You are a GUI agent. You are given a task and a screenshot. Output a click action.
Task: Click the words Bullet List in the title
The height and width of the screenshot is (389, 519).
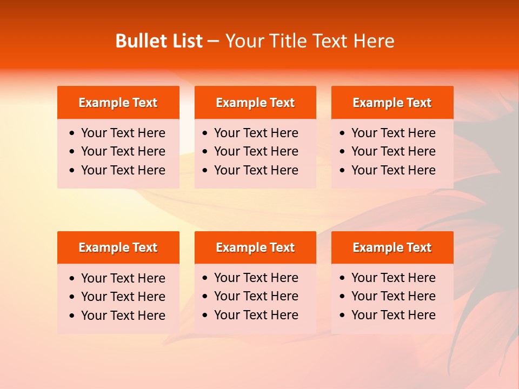(x=158, y=41)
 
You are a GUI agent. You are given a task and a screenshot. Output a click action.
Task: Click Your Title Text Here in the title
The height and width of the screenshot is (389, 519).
(x=310, y=41)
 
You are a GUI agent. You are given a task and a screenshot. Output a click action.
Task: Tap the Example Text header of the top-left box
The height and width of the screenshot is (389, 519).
(x=118, y=103)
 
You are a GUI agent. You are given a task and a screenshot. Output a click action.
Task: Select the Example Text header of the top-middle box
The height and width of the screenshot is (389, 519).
(x=255, y=103)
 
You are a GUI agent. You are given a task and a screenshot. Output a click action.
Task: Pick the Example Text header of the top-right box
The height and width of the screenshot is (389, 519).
(x=392, y=103)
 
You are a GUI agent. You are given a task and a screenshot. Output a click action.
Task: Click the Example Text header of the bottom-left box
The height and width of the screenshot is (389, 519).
(x=118, y=247)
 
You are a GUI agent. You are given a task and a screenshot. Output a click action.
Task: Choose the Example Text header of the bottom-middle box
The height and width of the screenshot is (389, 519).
(x=255, y=247)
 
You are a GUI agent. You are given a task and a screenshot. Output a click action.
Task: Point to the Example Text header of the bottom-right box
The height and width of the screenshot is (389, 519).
(x=392, y=247)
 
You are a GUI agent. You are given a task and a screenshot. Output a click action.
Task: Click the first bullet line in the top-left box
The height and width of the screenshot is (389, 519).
(x=123, y=133)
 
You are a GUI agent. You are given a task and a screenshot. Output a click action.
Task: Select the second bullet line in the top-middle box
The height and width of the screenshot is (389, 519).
(x=256, y=151)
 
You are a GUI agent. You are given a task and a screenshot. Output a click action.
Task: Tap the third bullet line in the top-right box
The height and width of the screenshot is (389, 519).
(x=393, y=170)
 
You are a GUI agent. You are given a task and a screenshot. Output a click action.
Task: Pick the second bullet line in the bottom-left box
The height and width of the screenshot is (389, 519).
(x=123, y=297)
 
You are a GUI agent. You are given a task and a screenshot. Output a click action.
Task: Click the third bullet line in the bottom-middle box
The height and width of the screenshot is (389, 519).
(x=256, y=315)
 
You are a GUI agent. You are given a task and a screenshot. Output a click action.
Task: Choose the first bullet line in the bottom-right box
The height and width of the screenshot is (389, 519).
(x=393, y=278)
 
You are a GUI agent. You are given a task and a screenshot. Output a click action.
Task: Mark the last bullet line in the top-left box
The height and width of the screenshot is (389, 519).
(x=123, y=170)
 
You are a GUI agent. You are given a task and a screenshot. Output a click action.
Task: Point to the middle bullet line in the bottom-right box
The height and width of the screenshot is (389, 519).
(x=393, y=296)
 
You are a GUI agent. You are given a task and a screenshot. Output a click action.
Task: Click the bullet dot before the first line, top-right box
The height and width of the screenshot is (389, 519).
(x=342, y=133)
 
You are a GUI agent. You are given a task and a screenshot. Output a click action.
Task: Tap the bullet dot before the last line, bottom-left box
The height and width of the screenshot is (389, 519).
(x=72, y=316)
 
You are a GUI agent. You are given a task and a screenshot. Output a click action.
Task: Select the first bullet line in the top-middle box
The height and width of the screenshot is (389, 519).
(x=256, y=133)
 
